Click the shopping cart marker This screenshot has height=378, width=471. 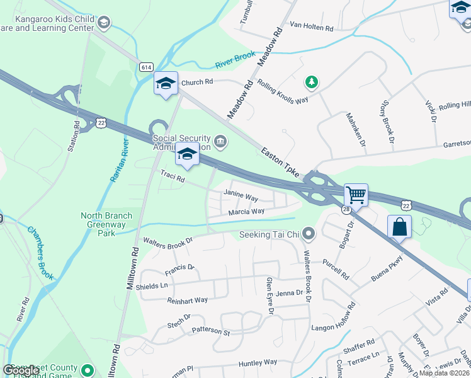(356, 195)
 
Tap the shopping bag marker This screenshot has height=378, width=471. (400, 226)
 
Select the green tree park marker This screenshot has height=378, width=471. (310, 82)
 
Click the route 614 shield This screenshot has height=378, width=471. (147, 67)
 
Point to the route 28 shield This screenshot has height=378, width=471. (346, 209)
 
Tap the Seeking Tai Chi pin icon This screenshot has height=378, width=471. (308, 234)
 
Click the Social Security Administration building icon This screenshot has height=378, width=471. (220, 140)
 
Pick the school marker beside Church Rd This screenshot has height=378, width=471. (165, 84)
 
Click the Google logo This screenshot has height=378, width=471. (21, 370)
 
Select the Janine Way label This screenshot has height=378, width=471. (241, 197)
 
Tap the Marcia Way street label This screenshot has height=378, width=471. (246, 212)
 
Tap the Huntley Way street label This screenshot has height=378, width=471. (258, 362)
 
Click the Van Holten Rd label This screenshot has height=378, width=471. (311, 27)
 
